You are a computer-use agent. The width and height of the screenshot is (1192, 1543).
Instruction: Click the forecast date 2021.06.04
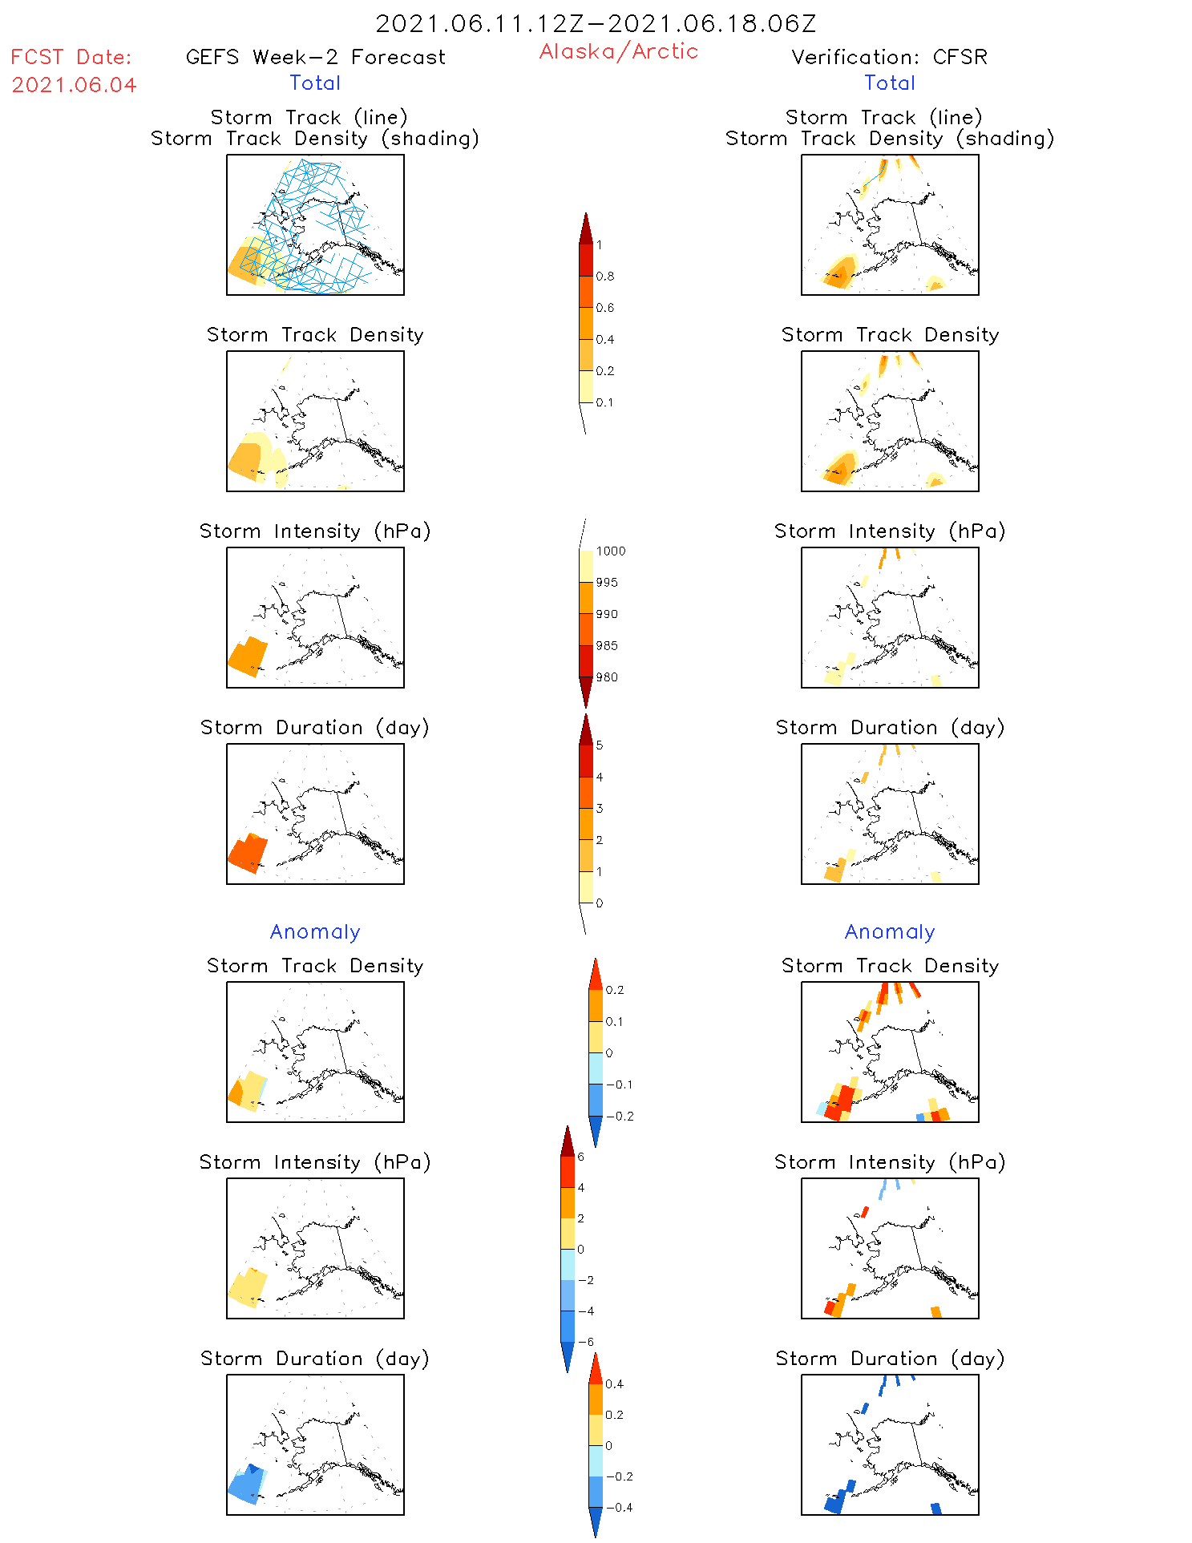74,85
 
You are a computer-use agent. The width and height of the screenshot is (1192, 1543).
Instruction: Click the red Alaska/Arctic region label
618,52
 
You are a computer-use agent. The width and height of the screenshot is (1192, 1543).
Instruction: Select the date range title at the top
596,23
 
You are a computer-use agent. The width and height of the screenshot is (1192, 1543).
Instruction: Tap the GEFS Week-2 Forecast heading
315,58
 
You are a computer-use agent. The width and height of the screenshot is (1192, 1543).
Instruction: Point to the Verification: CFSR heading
889,58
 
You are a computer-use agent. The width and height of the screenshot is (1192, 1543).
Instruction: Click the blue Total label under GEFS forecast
315,83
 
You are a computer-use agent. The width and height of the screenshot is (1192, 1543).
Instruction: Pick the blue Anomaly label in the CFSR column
890,932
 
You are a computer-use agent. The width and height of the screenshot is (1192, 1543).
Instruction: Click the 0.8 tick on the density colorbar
605,277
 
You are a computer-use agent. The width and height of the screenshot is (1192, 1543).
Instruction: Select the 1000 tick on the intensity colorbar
610,551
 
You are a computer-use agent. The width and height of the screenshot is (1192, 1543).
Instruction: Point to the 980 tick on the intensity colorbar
607,677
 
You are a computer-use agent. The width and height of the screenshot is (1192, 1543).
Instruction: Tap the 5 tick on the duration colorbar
600,745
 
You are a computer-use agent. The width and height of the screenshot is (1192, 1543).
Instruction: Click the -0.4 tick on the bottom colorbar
618,1508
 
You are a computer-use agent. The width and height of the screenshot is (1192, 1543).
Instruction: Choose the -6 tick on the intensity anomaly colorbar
585,1342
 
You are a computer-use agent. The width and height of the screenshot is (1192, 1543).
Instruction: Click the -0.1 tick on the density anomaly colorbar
619,1085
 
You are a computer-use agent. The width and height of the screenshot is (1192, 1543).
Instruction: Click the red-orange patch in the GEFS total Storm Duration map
248,853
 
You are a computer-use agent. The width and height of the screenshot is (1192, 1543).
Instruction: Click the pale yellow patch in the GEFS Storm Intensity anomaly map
248,1287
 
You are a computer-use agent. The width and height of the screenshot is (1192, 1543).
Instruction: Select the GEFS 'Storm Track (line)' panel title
309,118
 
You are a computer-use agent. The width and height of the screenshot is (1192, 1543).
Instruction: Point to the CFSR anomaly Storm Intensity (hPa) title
890,1162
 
